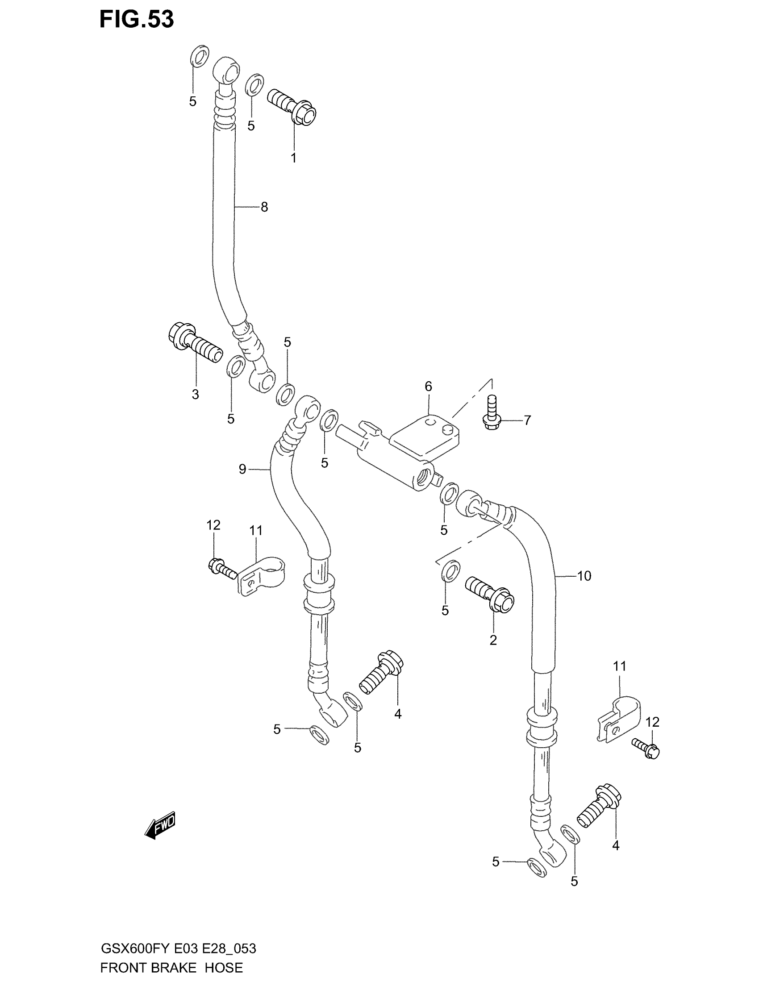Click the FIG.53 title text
click(x=136, y=20)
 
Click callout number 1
click(x=293, y=158)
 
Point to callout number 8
click(x=264, y=207)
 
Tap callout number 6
click(x=428, y=386)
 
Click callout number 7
click(x=527, y=420)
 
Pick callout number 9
click(x=242, y=470)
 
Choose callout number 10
click(x=584, y=575)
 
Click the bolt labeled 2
click(x=490, y=594)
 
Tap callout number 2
click(x=493, y=640)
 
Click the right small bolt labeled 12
click(x=646, y=749)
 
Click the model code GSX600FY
click(x=134, y=948)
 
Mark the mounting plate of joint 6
click(x=425, y=434)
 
